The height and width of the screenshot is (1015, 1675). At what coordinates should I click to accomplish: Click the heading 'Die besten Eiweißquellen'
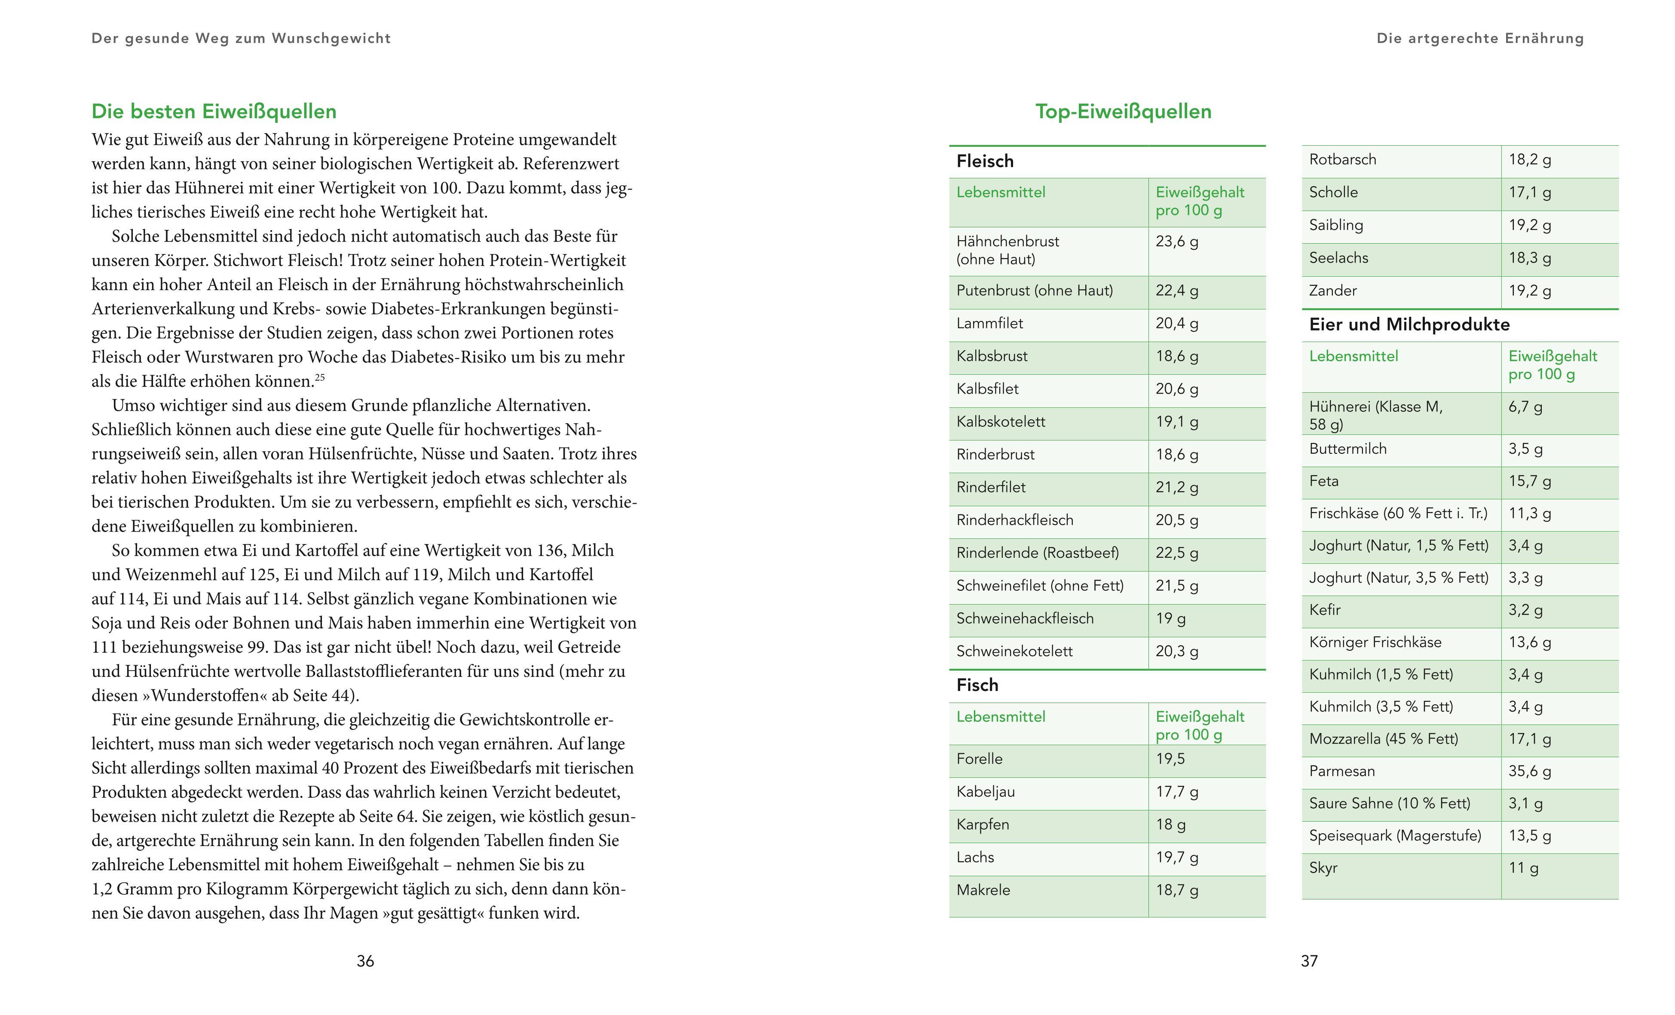point(214,111)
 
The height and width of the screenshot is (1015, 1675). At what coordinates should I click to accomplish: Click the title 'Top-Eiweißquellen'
point(1123,111)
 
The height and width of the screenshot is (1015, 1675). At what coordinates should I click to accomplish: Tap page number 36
point(365,960)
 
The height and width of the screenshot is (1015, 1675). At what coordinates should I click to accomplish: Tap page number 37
point(1309,960)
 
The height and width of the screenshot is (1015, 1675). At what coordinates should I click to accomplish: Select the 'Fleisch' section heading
point(984,161)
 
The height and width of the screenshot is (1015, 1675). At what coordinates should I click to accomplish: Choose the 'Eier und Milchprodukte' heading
point(1409,324)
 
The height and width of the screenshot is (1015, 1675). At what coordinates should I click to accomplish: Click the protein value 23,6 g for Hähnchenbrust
point(1177,242)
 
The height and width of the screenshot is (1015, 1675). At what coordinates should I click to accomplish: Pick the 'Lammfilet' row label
point(989,324)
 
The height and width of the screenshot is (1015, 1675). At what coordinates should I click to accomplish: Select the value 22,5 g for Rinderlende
point(1177,553)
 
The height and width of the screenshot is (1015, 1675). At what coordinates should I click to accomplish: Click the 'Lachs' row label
point(975,857)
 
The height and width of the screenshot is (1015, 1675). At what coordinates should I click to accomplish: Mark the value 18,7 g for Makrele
point(1177,890)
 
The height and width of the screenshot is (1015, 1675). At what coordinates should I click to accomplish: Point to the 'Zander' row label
point(1332,291)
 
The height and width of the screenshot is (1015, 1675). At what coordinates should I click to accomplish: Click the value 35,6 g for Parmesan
point(1530,771)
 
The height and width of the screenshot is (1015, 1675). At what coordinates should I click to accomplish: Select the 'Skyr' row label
point(1323,868)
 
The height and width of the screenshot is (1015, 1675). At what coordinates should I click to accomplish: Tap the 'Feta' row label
point(1323,481)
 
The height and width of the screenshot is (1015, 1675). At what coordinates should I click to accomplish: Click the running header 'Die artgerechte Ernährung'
point(1480,39)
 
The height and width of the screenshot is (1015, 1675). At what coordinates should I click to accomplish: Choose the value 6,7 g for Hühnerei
point(1525,407)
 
